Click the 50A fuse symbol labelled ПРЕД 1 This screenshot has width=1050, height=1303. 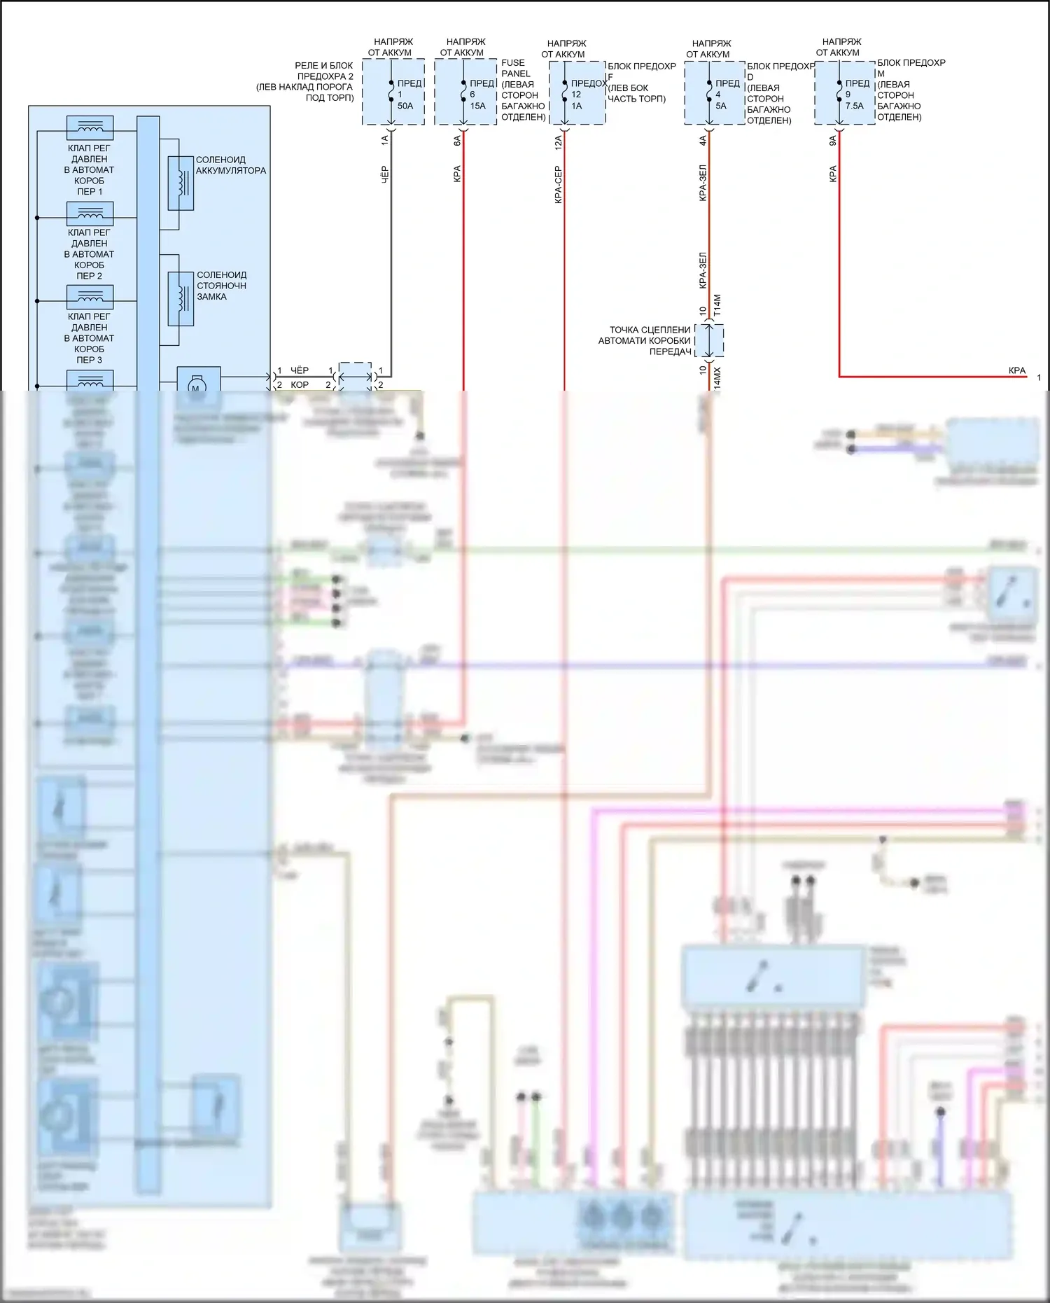pos(391,93)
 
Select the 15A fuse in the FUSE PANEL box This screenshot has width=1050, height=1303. pos(463,93)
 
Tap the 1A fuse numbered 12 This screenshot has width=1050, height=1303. pos(564,93)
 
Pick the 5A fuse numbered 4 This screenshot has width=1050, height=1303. pos(709,93)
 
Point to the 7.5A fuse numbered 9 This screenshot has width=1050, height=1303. pos(839,93)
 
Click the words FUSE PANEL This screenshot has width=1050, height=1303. pos(516,68)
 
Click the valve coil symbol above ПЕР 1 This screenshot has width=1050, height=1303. pos(90,128)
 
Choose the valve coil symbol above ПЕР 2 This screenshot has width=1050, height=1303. pos(90,213)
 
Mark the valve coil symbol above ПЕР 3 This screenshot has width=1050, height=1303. pos(90,297)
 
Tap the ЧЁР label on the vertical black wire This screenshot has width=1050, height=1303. pos(384,174)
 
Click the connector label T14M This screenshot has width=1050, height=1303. pos(717,305)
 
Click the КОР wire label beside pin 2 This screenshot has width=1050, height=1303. pos(300,385)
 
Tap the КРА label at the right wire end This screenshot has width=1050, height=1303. pos(1017,370)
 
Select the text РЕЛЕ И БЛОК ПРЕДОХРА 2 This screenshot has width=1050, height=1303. pos(324,71)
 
